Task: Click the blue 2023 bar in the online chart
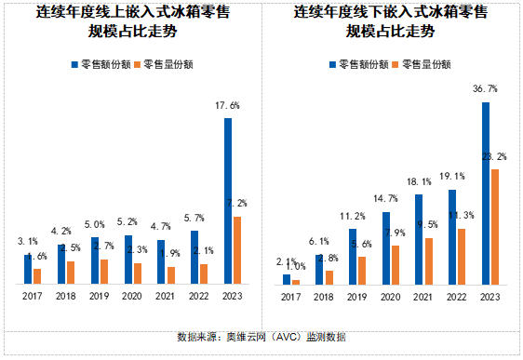coord(228,201)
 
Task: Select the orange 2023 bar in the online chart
coord(238,250)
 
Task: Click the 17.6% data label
coord(227,106)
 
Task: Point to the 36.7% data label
coord(485,89)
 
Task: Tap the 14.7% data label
coord(384,199)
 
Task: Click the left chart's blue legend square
coord(75,65)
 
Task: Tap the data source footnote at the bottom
coord(261,337)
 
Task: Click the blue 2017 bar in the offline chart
coord(287,279)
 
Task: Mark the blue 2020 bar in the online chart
coord(127,260)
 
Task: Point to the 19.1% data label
coord(451,177)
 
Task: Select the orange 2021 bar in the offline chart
coord(429,260)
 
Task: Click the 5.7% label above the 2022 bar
coord(194,218)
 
